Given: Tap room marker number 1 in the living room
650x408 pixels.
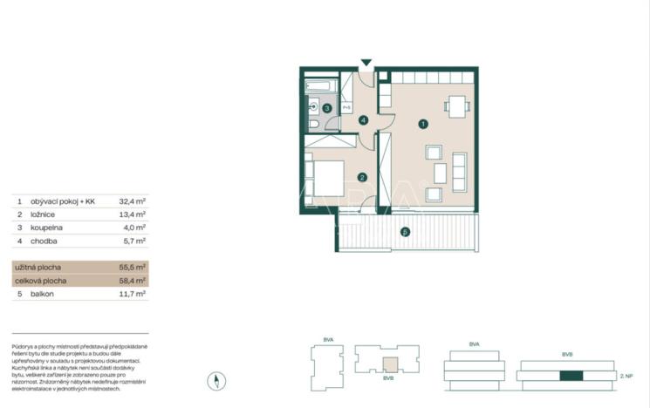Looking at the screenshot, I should pos(422,124).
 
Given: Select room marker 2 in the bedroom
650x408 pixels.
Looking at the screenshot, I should pos(360,177).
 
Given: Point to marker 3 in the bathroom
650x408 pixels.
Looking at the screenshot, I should pos(327,108).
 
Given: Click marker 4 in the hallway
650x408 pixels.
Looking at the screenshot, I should pos(362,120).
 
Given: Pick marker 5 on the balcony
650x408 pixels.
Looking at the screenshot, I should pos(403,232).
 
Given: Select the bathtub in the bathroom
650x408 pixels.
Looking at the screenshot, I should pos(322,87).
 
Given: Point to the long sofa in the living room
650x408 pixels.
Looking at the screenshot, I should pos(459,171).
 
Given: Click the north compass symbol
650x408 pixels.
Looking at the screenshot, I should pos(218,380).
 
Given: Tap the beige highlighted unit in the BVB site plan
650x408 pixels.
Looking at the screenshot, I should pos(391,364).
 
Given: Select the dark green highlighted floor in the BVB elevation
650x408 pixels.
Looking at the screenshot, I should pos(570,376).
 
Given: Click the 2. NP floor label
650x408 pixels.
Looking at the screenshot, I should pos(625,376).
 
